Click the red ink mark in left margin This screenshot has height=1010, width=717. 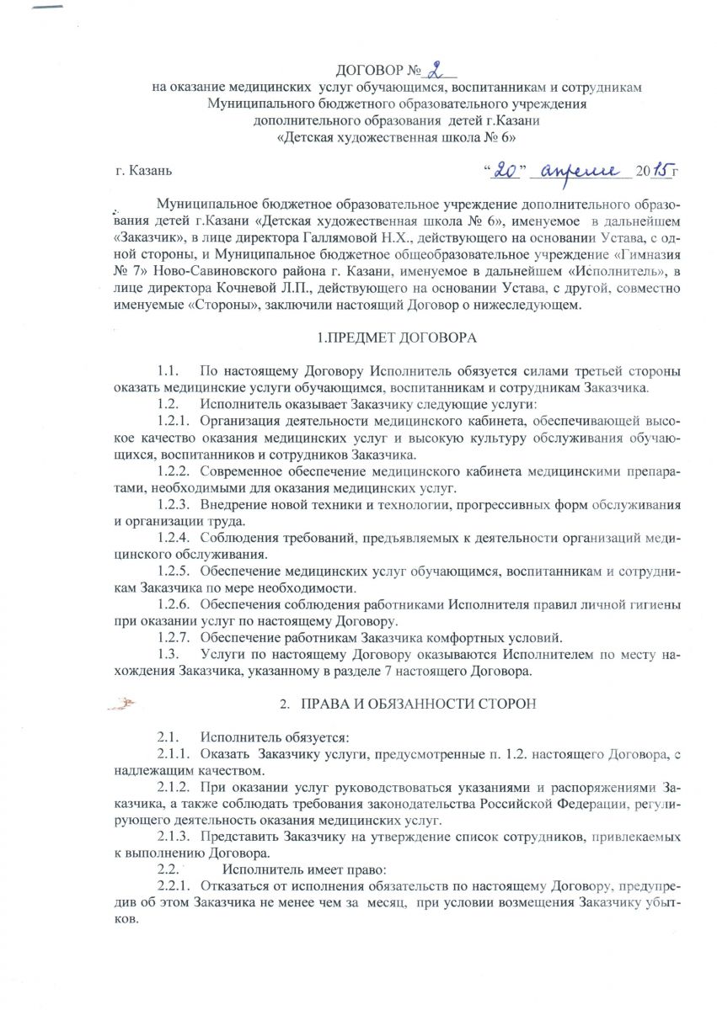(124, 700)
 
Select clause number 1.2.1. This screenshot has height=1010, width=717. (174, 423)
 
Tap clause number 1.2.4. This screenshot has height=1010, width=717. (174, 539)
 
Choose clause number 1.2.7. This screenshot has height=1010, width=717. (174, 636)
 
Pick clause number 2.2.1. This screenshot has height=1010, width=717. (174, 885)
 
